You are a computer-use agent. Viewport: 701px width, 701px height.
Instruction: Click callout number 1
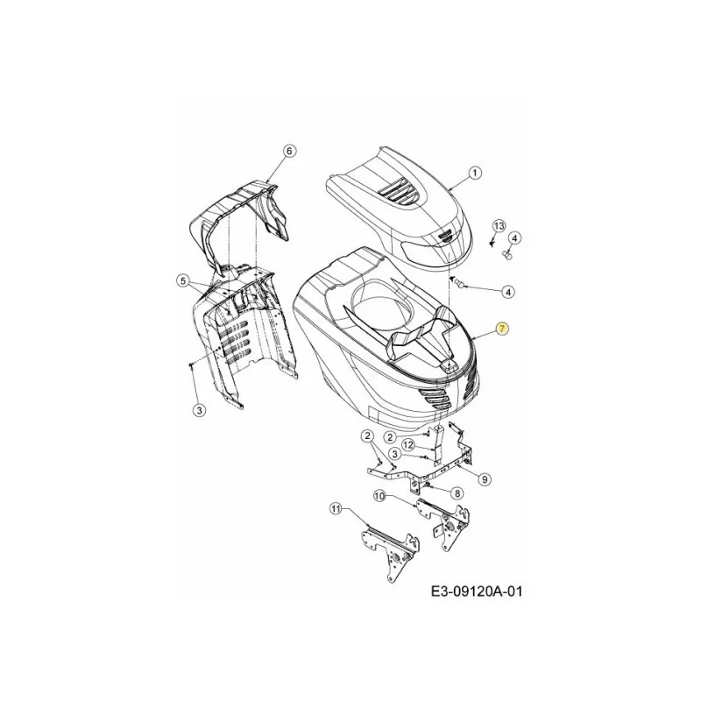(x=475, y=173)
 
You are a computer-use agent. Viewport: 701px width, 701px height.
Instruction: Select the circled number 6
(x=289, y=151)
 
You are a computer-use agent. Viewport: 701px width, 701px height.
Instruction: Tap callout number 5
(x=183, y=280)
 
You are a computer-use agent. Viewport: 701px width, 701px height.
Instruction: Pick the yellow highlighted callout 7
(x=501, y=329)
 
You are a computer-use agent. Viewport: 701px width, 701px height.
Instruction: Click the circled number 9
(x=485, y=479)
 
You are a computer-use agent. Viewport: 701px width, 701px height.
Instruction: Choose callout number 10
(x=379, y=495)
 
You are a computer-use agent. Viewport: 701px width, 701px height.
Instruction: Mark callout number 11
(x=336, y=508)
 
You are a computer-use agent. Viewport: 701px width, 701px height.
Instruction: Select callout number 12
(x=407, y=444)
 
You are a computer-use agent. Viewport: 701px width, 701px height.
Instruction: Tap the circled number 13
(x=499, y=225)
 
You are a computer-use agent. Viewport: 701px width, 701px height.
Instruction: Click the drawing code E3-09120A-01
(x=476, y=592)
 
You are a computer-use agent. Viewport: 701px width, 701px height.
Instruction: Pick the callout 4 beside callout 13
(x=514, y=238)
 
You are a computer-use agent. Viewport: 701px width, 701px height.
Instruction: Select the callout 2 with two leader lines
(x=367, y=435)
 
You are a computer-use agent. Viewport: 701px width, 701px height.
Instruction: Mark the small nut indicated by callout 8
(x=428, y=485)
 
